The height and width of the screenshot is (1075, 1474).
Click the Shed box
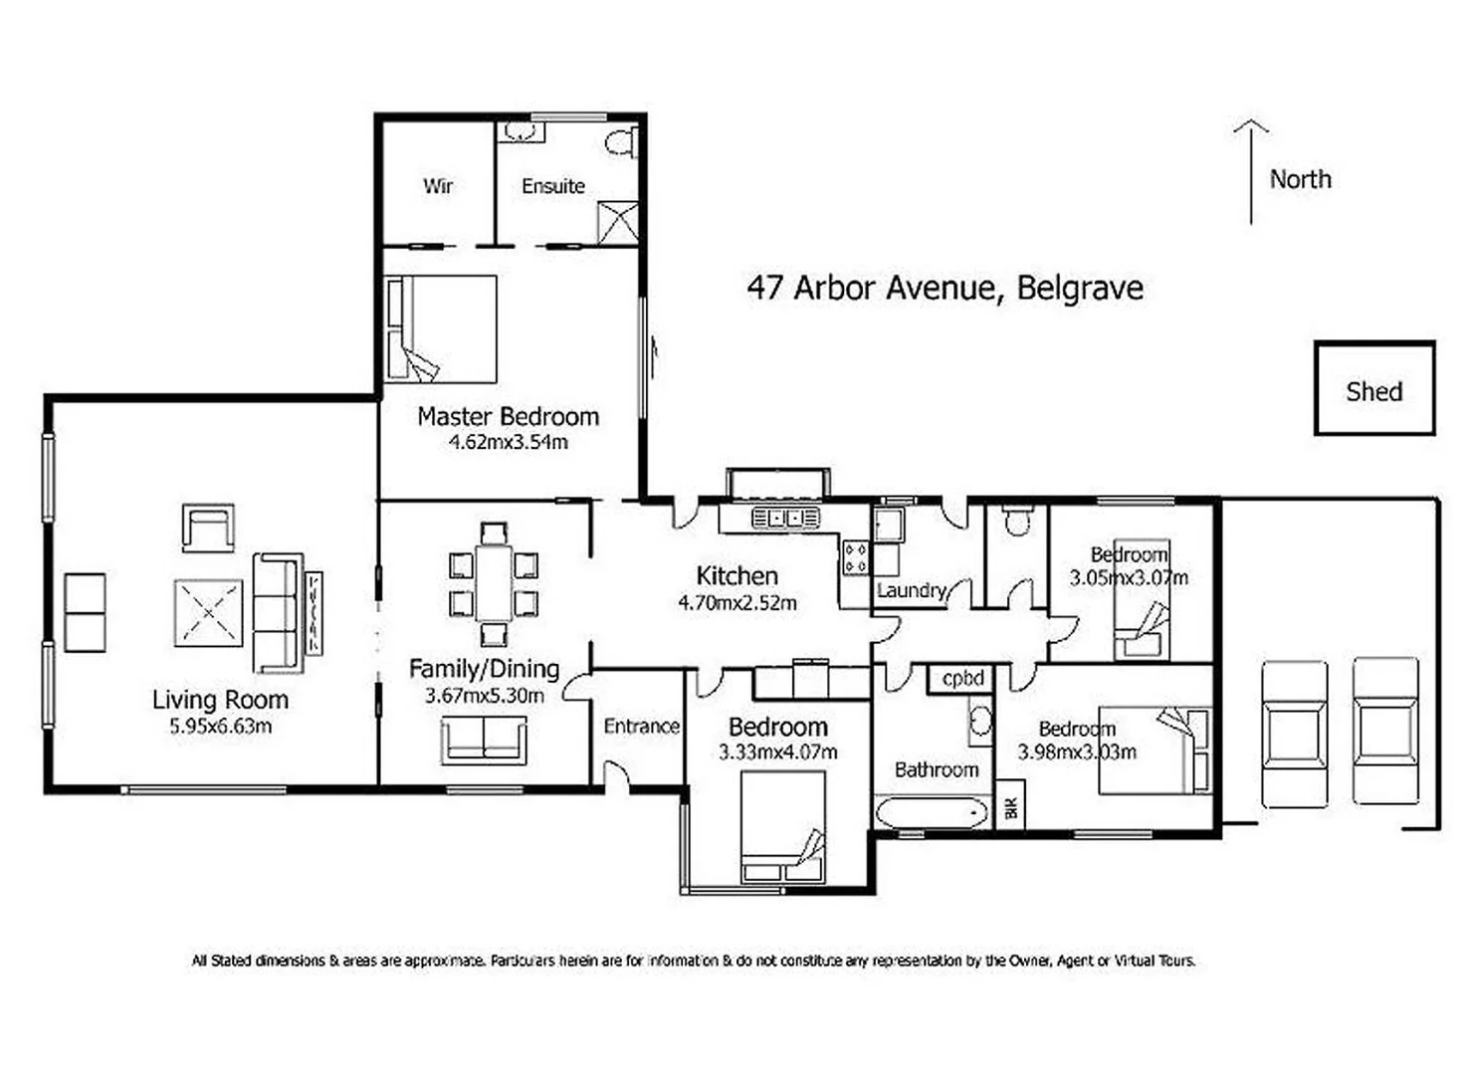1373,389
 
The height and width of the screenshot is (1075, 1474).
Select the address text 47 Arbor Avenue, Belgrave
945,288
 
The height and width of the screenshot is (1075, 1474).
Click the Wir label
438,186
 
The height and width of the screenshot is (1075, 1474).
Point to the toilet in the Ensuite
621,142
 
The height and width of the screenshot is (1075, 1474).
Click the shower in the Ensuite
617,222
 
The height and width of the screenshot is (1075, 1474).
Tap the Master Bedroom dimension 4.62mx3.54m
508,443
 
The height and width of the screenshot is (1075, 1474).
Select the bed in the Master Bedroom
442,329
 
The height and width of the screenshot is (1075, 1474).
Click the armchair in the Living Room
208,527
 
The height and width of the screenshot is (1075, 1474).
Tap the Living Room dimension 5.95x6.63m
220,727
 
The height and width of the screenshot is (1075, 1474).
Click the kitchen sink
784,518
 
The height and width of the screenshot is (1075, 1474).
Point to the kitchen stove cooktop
855,558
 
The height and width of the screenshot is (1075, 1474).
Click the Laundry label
911,590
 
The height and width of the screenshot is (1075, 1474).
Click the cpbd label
962,679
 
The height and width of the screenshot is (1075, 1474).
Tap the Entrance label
641,727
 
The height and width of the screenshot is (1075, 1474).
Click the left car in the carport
1294,733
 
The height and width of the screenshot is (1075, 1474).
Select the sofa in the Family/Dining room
484,741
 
